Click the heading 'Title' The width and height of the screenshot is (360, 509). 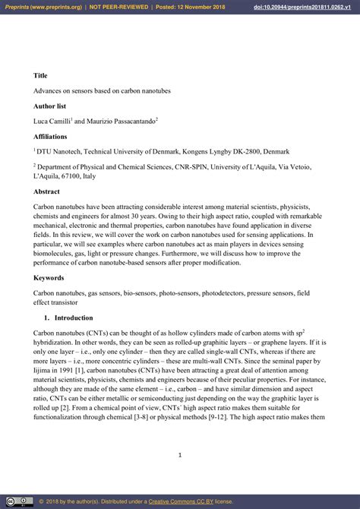[x=40, y=75]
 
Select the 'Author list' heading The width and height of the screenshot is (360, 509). [x=50, y=106]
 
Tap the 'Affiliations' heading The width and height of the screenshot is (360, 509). [x=50, y=136]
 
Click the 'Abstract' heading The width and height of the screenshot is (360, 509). [x=46, y=191]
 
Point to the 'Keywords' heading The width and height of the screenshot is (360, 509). [x=49, y=277]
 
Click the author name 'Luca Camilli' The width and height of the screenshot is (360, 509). [x=52, y=121]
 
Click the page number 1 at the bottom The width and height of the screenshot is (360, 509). [x=180, y=455]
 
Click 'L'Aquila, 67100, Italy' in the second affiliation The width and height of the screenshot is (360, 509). [x=65, y=176]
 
